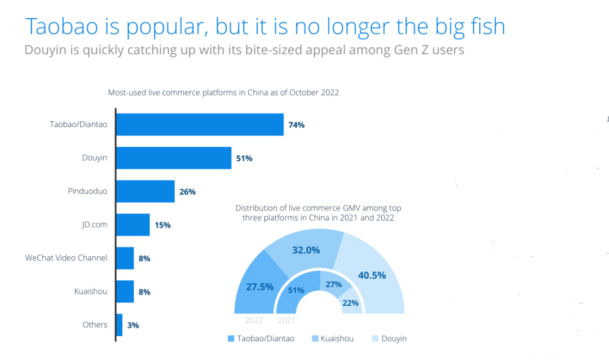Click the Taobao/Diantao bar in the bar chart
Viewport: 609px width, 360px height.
coord(200,125)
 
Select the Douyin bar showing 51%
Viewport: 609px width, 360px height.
coord(174,158)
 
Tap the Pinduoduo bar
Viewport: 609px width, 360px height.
coord(145,191)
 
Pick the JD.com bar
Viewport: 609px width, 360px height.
coord(133,225)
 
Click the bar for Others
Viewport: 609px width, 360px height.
coord(119,325)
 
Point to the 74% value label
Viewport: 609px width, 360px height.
coord(296,125)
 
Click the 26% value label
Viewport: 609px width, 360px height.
coord(187,192)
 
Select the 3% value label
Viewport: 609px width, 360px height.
coord(133,325)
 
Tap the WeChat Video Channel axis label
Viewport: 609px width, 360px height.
coord(66,258)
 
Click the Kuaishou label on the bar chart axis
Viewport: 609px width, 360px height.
coord(90,291)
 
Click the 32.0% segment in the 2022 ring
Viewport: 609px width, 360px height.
coord(306,249)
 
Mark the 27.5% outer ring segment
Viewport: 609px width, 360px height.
coord(258,287)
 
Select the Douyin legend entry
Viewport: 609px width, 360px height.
coord(389,339)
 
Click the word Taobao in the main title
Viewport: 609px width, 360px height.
coord(63,27)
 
